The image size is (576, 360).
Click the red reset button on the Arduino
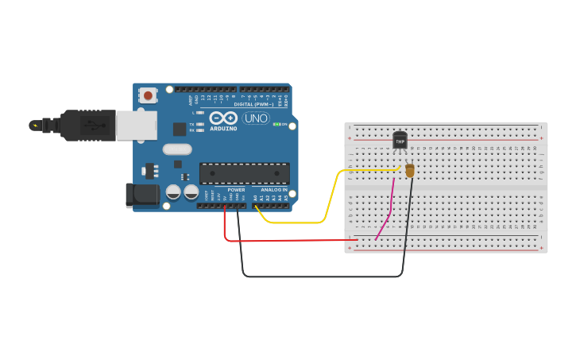point(148,95)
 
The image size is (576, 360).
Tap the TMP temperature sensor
point(400,141)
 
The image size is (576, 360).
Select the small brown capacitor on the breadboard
point(410,170)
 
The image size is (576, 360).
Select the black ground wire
point(318,277)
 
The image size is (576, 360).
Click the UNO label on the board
point(256,118)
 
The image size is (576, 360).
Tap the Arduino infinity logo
point(223,118)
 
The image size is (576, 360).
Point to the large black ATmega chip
point(244,173)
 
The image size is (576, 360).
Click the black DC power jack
point(141,195)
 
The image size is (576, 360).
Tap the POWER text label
point(236,190)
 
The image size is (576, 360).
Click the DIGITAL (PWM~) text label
point(253,104)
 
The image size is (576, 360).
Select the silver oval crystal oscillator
point(178,149)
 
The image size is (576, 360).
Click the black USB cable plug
point(87,125)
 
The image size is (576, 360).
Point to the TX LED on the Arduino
point(199,124)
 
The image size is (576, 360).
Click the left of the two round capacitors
point(173,192)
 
